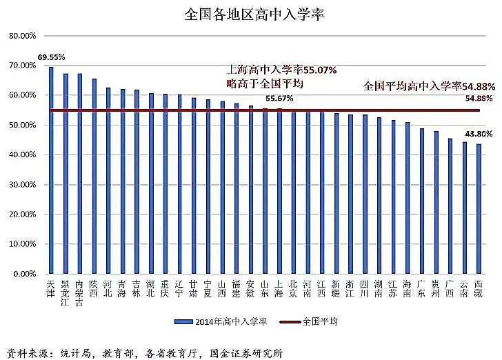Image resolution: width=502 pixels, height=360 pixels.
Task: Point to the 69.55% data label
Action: [x=51, y=57]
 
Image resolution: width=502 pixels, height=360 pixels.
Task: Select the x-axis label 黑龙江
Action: [x=66, y=292]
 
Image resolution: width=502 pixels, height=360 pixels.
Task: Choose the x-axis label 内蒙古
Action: [x=80, y=292]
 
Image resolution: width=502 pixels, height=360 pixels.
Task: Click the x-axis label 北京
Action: [x=293, y=288]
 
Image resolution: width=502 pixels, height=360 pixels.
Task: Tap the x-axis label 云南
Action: [x=464, y=288]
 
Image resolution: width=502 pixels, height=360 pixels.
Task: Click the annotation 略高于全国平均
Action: [x=265, y=83]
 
